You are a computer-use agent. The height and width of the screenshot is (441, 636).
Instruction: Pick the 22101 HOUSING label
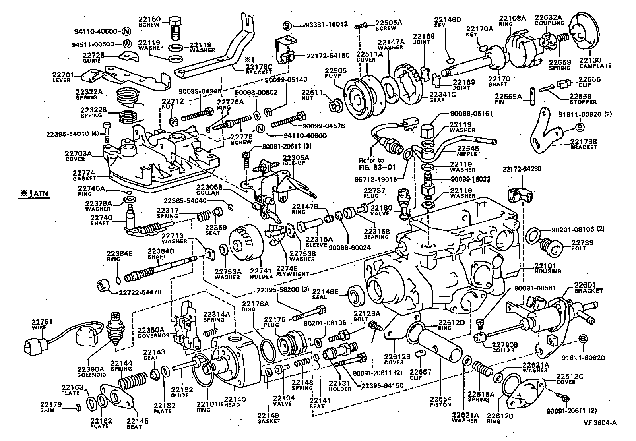(x=547, y=268)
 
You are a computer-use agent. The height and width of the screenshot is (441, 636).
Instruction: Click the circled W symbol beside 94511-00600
(x=127, y=44)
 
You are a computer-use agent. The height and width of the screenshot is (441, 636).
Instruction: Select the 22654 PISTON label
(x=440, y=402)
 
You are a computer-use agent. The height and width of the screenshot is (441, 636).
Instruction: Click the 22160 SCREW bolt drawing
(x=174, y=27)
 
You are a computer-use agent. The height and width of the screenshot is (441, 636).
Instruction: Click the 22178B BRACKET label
(x=583, y=144)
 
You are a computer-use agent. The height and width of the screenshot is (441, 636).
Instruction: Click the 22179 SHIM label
(x=50, y=407)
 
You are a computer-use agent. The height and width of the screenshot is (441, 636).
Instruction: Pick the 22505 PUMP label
(x=335, y=73)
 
